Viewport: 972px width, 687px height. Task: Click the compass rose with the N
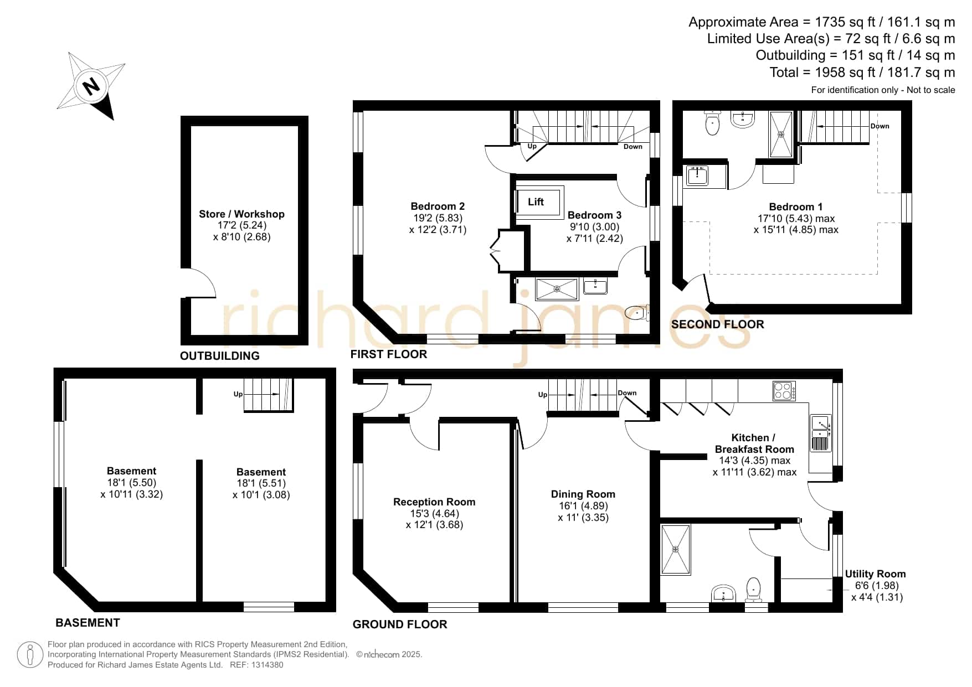tap(91, 86)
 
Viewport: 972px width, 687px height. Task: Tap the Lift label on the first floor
tap(536, 202)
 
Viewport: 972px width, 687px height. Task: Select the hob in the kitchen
tap(784, 391)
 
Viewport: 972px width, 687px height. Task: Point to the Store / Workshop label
tap(241, 214)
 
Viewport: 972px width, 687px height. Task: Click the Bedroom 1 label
tap(796, 207)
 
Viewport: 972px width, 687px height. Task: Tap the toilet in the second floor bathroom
tap(712, 122)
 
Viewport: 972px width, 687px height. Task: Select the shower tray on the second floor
tap(781, 134)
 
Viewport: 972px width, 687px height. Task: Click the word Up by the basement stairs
tap(238, 394)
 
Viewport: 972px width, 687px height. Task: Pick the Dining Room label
tap(583, 494)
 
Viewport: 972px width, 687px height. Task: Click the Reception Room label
tap(434, 502)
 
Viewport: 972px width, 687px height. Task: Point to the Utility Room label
tap(876, 574)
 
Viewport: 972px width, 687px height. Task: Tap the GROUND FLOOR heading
tap(400, 624)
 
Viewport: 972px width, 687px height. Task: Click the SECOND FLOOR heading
tap(718, 324)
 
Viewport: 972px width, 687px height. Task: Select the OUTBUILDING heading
tap(220, 356)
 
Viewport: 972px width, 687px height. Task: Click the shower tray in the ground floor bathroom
tap(676, 549)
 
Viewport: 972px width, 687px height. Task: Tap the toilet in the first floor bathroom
tap(637, 313)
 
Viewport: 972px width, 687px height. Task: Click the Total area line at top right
tap(862, 73)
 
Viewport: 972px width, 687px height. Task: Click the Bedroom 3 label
tap(595, 215)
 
